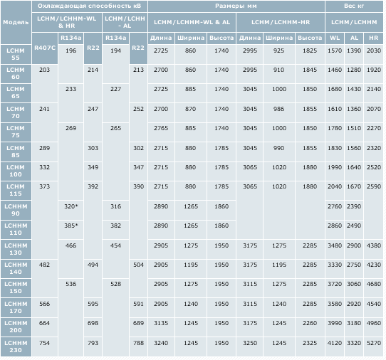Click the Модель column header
coord(16,22)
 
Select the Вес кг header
coord(354,6)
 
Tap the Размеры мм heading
coord(236,6)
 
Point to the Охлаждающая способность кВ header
coord(89,6)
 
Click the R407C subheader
coord(45,48)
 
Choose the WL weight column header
coord(335,38)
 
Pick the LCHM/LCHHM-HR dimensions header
coord(281,22)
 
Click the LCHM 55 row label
coord(16,54)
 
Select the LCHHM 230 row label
coord(16,346)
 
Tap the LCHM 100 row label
coord(16,171)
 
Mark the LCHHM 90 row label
coord(16,210)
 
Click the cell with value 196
coord(71,51)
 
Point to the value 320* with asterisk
coord(71,206)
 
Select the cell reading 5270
coord(374,343)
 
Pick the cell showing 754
coord(44,343)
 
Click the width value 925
coord(279,51)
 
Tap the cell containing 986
coord(279,109)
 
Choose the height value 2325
coord(310,343)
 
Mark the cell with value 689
coord(138,323)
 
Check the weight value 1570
coord(335,51)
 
